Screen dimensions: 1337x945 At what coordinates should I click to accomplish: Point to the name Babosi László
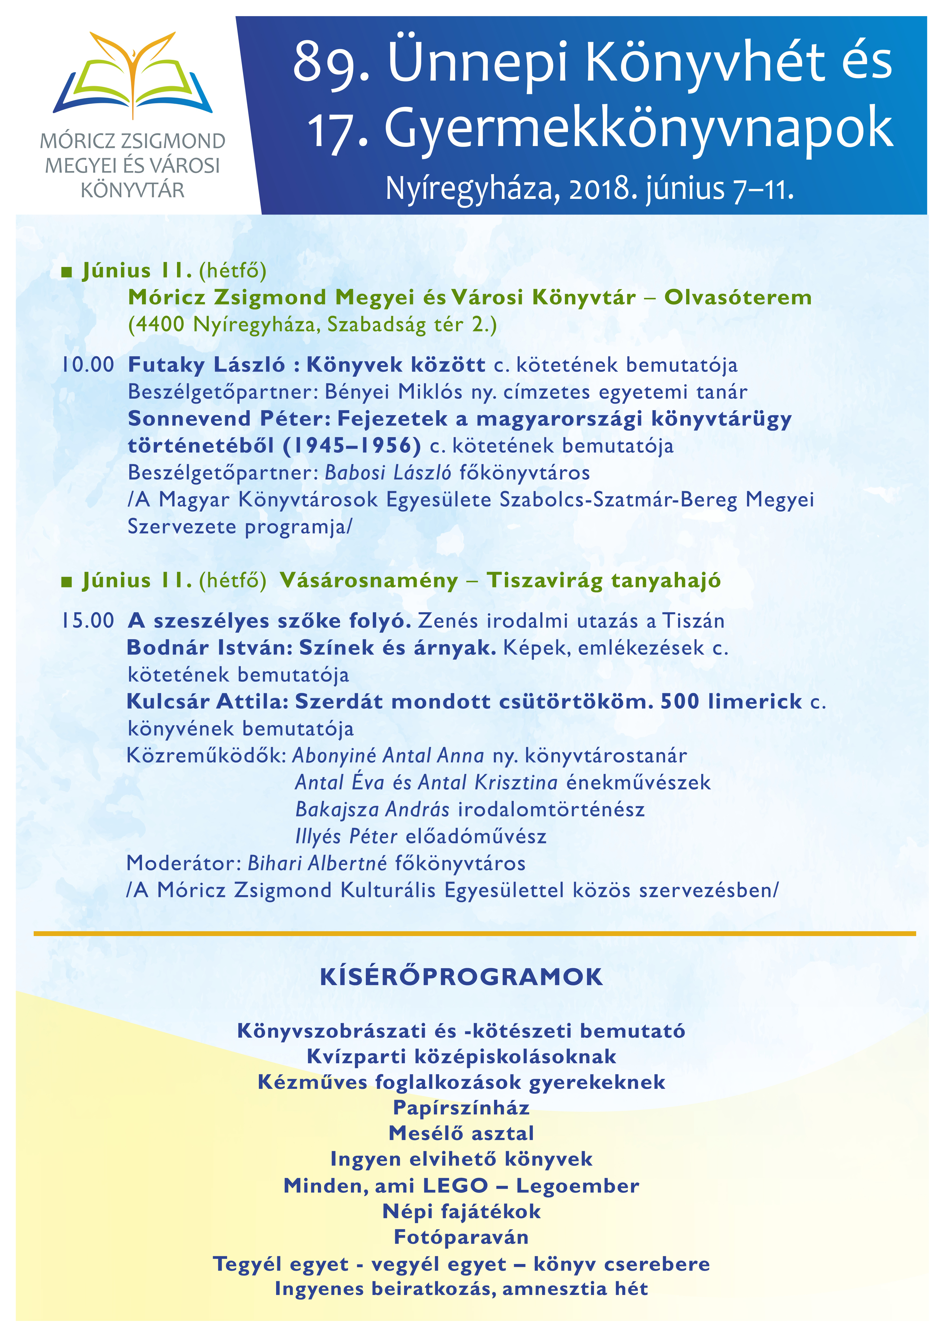388,472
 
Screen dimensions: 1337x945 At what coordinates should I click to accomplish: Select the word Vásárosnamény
369,581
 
